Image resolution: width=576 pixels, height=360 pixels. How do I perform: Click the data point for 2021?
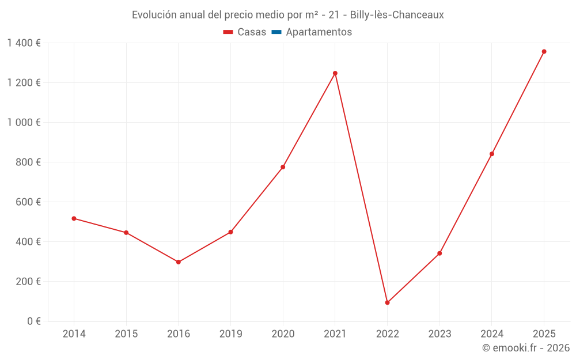point(335,73)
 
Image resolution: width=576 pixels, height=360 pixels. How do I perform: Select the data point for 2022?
point(387,302)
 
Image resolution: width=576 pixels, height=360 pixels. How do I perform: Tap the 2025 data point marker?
point(544,51)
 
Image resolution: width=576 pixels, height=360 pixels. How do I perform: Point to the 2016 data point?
point(179,262)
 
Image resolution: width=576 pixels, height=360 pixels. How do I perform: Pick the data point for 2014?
point(74,218)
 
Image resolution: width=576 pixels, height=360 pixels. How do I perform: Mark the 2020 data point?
point(283,167)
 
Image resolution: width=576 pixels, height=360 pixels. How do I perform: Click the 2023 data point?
point(439,253)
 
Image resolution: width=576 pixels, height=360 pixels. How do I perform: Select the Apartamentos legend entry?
point(319,32)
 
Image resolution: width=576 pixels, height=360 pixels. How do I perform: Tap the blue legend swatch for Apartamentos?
point(276,32)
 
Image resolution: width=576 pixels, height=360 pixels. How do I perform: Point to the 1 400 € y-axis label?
point(24,43)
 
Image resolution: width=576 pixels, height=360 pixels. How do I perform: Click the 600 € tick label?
point(28,202)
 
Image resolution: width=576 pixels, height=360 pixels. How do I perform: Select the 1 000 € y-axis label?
point(24,122)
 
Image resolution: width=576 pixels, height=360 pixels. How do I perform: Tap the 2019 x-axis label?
point(230,334)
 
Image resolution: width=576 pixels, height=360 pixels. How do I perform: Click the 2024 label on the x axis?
point(491,334)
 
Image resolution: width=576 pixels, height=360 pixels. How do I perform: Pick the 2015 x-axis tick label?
point(126,334)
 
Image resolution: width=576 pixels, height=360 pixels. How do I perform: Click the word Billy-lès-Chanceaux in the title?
point(397,15)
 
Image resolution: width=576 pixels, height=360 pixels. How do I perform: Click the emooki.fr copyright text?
point(526,348)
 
